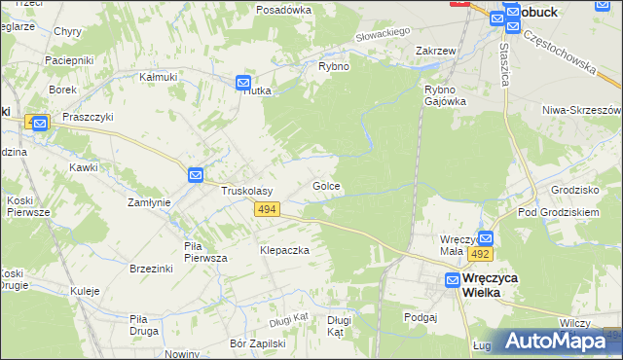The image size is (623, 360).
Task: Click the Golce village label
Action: point(326,185)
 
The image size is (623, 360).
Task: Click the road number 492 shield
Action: point(480,253)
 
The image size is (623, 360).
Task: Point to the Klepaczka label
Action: point(284,250)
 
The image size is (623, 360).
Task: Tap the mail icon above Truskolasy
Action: point(196,174)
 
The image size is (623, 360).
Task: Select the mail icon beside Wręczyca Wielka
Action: point(453,280)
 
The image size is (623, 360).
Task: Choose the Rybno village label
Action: point(334,66)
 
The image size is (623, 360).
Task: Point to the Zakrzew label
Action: point(436,51)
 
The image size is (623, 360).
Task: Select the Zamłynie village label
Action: point(150,202)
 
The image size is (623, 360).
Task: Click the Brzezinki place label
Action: point(151,268)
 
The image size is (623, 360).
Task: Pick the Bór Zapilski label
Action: point(257,343)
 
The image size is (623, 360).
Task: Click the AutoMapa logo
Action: point(558,341)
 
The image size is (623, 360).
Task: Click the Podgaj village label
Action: point(421,316)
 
